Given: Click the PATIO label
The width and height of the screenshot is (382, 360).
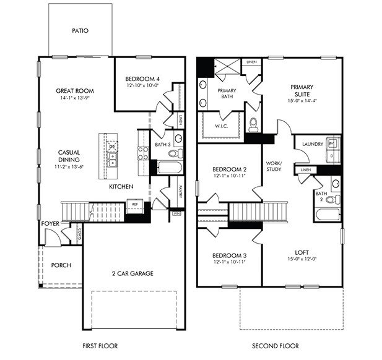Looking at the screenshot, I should click(79, 30).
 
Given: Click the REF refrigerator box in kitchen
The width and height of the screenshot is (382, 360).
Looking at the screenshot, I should click(135, 202).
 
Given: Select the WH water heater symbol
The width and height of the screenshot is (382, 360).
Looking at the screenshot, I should click(176, 214).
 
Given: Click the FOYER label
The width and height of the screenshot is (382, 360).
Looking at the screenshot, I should click(50, 224).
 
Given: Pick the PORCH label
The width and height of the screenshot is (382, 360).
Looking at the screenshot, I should click(61, 265).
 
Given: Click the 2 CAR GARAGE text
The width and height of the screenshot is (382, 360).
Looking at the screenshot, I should click(132, 273).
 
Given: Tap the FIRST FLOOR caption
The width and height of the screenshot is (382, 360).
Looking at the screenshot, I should click(100, 346).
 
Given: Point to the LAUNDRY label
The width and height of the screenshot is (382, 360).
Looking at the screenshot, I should click(312, 145).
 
